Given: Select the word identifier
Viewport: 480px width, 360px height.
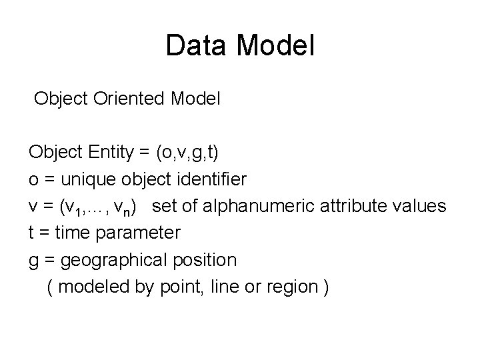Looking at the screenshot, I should click(209, 179).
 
